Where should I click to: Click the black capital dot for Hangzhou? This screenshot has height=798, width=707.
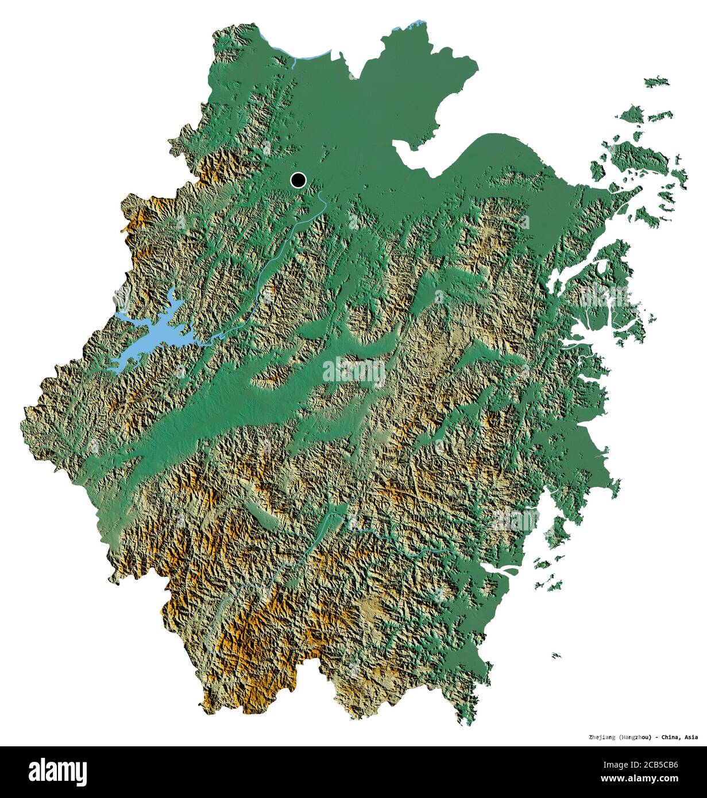[298, 180]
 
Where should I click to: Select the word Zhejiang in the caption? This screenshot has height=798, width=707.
[603, 737]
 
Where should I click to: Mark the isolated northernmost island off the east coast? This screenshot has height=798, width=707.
[656, 82]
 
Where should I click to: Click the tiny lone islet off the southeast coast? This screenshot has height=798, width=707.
[556, 655]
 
